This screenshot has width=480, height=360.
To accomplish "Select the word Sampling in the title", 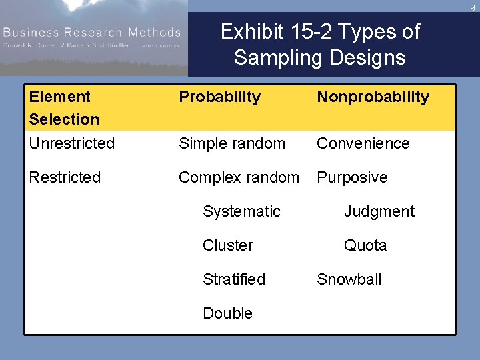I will point(273,57).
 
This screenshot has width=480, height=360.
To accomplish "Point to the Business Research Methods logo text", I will point(91,32).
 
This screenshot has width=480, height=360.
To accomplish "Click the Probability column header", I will point(219,97).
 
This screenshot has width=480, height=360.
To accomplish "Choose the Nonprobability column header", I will point(373,97).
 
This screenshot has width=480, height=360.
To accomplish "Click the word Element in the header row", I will point(59,97).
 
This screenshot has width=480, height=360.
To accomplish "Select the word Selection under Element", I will point(64,119).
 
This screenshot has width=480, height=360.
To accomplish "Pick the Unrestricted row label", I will point(72,143).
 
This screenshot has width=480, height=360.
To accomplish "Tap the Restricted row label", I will point(65,177).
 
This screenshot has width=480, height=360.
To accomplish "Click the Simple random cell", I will point(231,143).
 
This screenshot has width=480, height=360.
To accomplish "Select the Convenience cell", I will point(363,143).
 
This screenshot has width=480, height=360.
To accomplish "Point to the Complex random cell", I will point(239,177).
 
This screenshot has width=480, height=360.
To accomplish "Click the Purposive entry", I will point(352,177).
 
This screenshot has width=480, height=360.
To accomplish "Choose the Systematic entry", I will point(241,211).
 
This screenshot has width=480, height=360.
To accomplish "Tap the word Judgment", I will point(379,211).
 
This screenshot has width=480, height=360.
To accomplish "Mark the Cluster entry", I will point(228,245).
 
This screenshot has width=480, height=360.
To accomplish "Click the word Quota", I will point(365,245).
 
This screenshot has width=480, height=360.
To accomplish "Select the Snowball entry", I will point(349,279).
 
